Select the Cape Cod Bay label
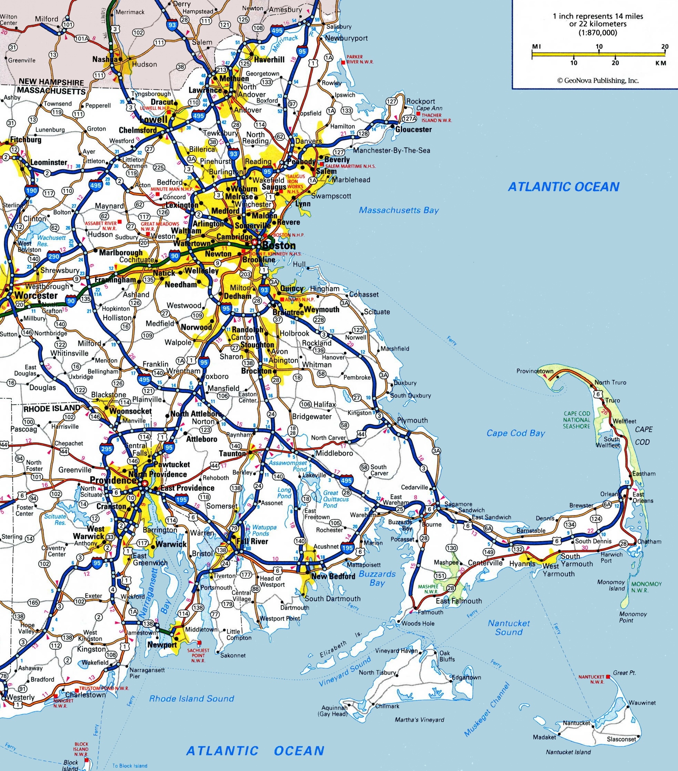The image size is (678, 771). (x=516, y=433)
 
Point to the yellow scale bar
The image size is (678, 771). (x=599, y=55)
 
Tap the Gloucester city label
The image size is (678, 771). (x=413, y=130)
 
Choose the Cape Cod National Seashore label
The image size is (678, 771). (x=576, y=420)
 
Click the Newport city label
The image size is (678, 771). (x=162, y=645)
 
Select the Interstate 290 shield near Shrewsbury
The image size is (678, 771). (x=54, y=257)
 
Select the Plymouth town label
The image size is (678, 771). (x=412, y=420)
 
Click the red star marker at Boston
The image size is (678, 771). (x=255, y=241)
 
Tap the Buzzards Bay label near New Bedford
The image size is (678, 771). (x=377, y=578)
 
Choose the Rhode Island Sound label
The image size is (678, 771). (x=191, y=698)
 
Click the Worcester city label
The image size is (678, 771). (x=36, y=295)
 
